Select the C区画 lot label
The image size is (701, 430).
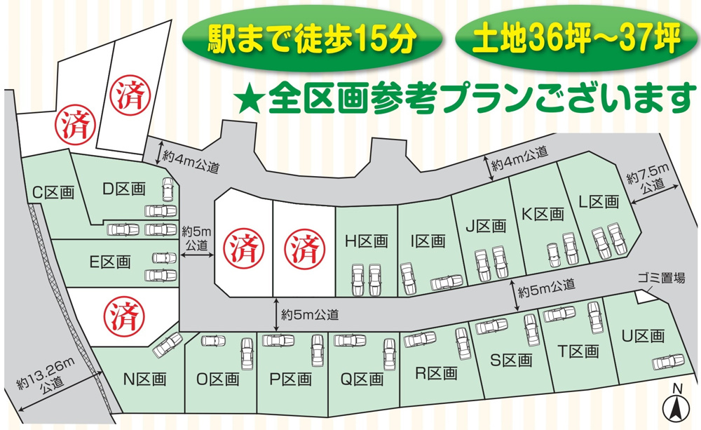[x=53, y=192]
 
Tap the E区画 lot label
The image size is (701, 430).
[x=109, y=262]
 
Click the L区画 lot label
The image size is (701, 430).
[x=599, y=202]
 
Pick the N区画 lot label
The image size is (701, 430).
[x=144, y=379]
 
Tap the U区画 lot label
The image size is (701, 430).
[x=642, y=337]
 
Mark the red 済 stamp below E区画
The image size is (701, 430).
[x=121, y=316]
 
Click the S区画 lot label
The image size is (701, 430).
[x=510, y=361]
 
